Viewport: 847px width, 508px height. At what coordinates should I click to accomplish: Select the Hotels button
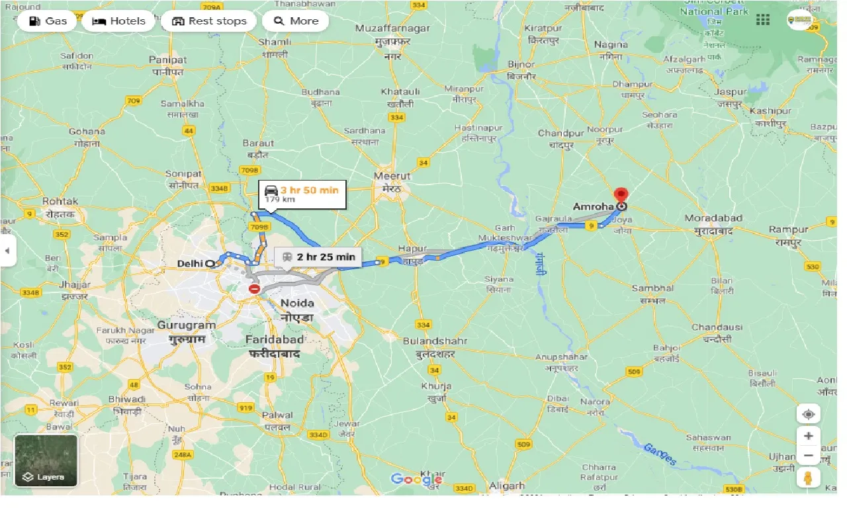[119, 21]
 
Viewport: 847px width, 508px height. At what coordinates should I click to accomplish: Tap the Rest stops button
[208, 21]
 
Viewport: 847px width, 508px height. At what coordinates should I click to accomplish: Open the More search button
[295, 21]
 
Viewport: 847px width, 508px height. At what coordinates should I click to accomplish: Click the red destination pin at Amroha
[621, 195]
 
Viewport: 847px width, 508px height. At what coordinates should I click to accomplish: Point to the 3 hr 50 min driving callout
[302, 194]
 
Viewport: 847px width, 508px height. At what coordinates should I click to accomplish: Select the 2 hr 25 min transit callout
[318, 257]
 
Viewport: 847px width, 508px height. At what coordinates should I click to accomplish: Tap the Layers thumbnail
[46, 460]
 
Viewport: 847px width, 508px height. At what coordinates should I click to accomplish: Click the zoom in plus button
[809, 436]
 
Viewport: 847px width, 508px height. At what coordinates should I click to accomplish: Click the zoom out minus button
[809, 456]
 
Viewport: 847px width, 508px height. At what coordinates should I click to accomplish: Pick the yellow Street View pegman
[809, 478]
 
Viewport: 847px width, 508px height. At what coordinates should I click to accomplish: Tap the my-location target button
[809, 415]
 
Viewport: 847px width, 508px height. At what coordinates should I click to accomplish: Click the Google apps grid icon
[763, 20]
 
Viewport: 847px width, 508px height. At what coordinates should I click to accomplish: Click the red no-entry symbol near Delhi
[255, 289]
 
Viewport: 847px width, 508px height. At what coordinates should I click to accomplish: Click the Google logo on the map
[416, 479]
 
